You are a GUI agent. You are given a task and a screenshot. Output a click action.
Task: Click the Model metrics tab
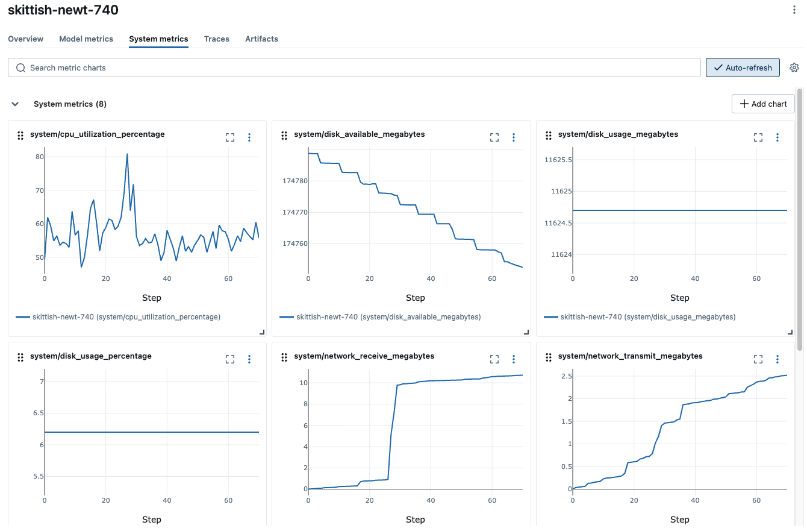click(86, 39)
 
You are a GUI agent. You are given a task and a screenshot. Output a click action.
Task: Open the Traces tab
click(216, 39)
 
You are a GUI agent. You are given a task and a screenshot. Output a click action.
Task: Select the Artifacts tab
click(261, 39)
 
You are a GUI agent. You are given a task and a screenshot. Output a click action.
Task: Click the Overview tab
click(26, 39)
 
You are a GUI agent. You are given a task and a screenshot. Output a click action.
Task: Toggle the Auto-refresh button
click(743, 68)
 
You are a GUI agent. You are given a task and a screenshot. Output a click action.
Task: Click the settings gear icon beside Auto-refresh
click(794, 68)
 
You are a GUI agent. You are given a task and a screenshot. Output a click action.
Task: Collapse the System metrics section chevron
click(16, 104)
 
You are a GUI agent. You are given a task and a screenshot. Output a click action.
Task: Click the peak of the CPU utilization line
click(127, 154)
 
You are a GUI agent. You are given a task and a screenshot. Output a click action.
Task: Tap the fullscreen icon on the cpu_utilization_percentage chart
click(230, 137)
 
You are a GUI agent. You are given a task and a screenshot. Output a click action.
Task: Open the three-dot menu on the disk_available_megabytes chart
click(514, 137)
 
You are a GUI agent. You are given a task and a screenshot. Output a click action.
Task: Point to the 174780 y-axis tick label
click(294, 181)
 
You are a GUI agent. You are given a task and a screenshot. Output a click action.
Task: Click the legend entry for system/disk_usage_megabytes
click(640, 316)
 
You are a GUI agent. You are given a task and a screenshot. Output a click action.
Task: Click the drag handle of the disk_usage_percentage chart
click(20, 357)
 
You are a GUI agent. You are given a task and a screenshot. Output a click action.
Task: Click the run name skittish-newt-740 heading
click(63, 10)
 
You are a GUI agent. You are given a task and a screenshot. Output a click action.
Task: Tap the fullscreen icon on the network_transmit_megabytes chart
click(758, 359)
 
